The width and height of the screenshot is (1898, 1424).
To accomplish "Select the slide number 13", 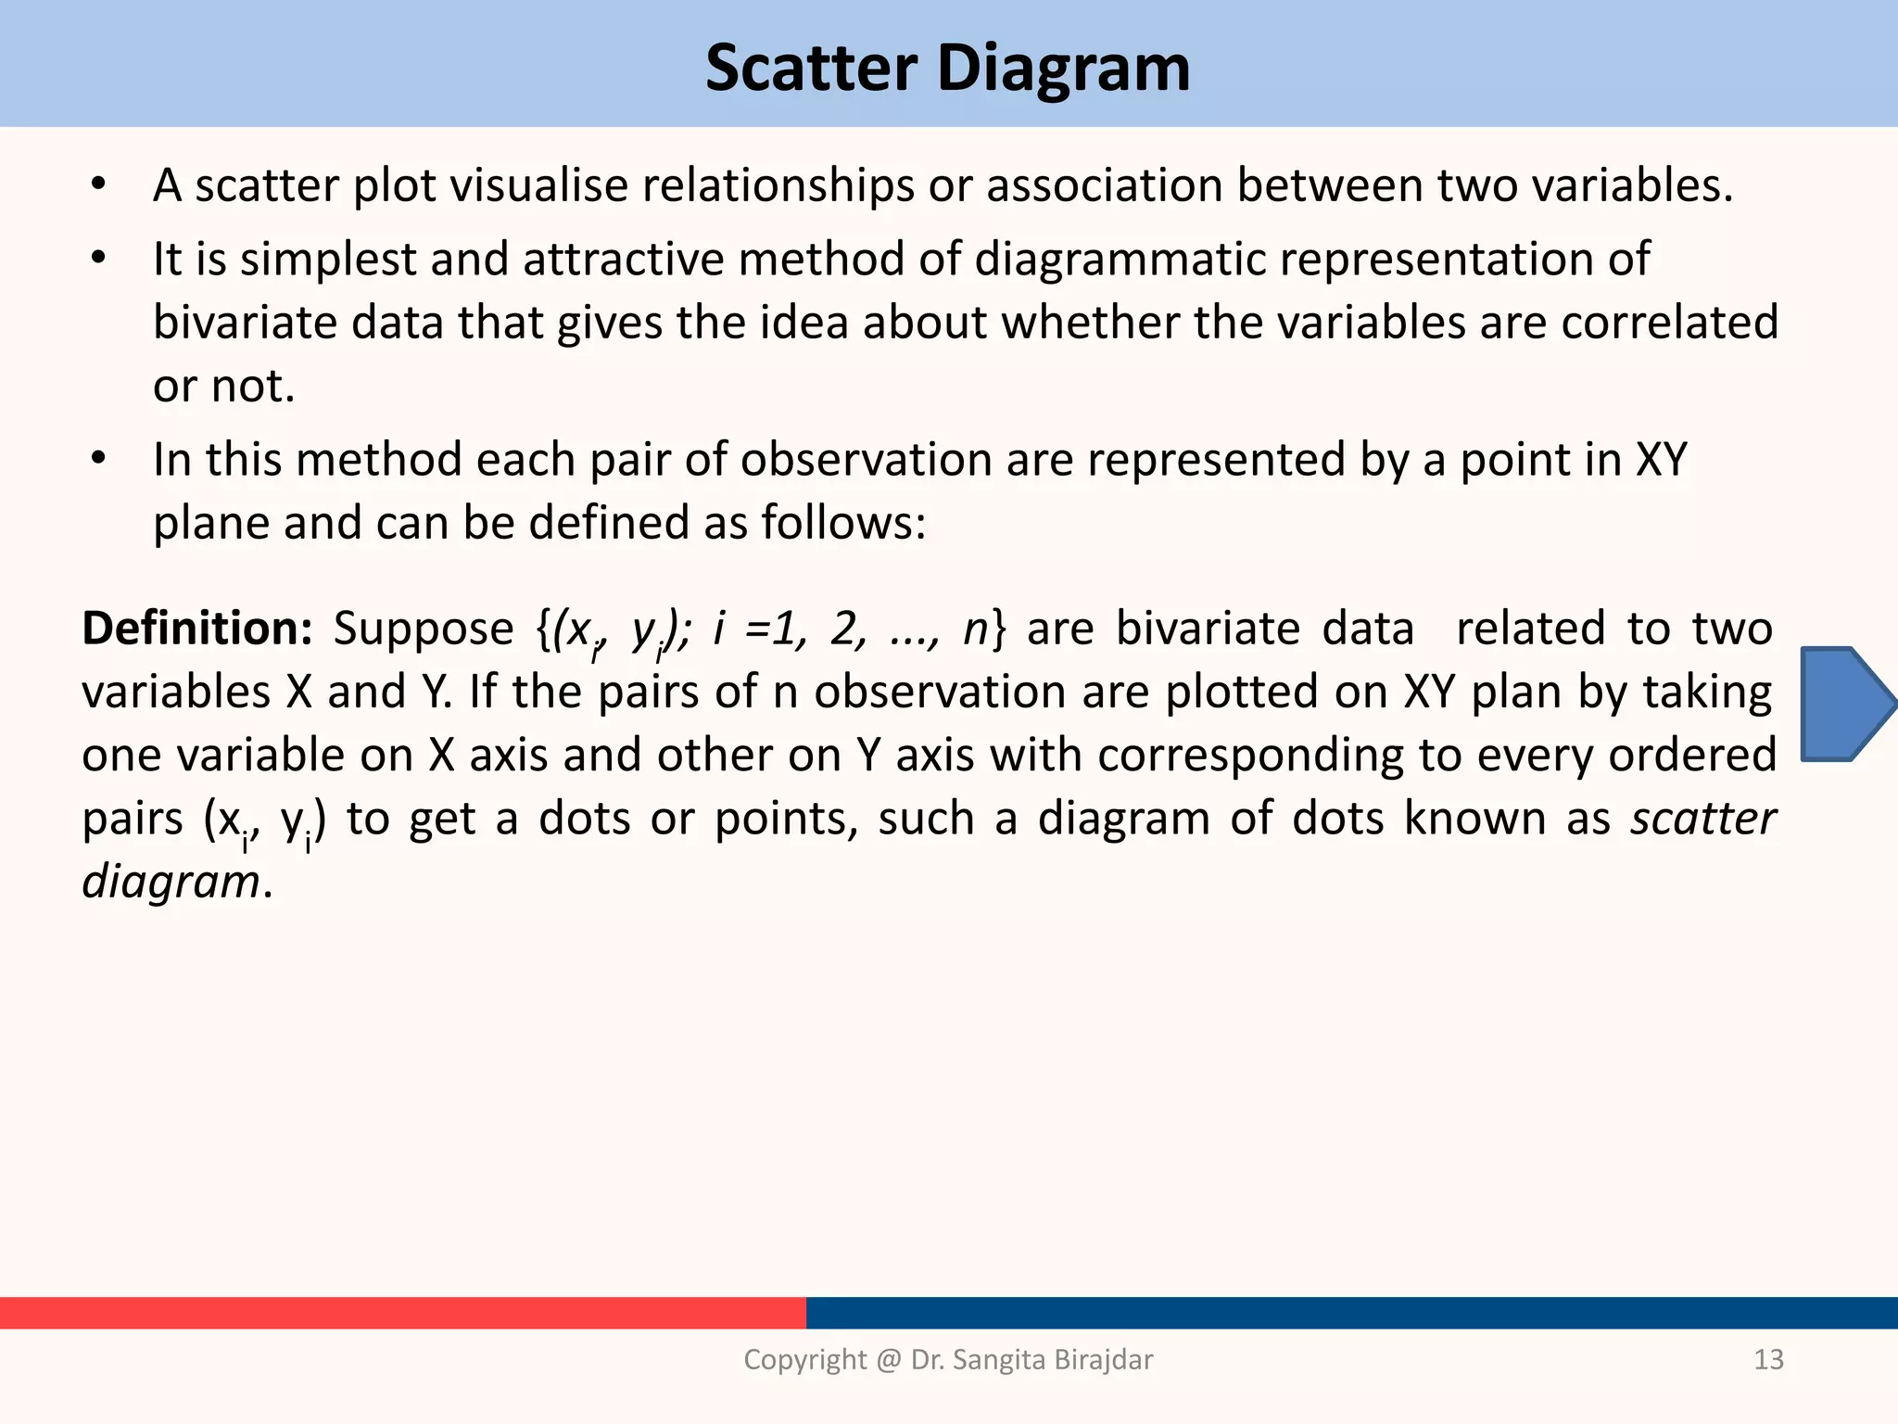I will [x=1768, y=1359].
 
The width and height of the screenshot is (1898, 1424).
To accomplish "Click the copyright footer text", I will [x=948, y=1359].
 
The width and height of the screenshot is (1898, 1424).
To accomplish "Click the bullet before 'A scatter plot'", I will [x=99, y=184].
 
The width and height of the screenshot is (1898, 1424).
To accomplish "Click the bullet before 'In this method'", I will [x=99, y=459].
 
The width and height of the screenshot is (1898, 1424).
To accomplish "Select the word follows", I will [x=842, y=522].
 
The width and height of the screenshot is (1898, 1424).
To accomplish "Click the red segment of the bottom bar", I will [x=402, y=1313].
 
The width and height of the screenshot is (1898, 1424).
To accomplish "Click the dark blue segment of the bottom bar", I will [x=1351, y=1313].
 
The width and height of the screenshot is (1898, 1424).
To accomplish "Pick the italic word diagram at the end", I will [x=171, y=881].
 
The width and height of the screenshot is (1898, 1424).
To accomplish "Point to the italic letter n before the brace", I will [x=977, y=629].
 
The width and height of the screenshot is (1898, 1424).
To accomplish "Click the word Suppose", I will [x=424, y=629].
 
